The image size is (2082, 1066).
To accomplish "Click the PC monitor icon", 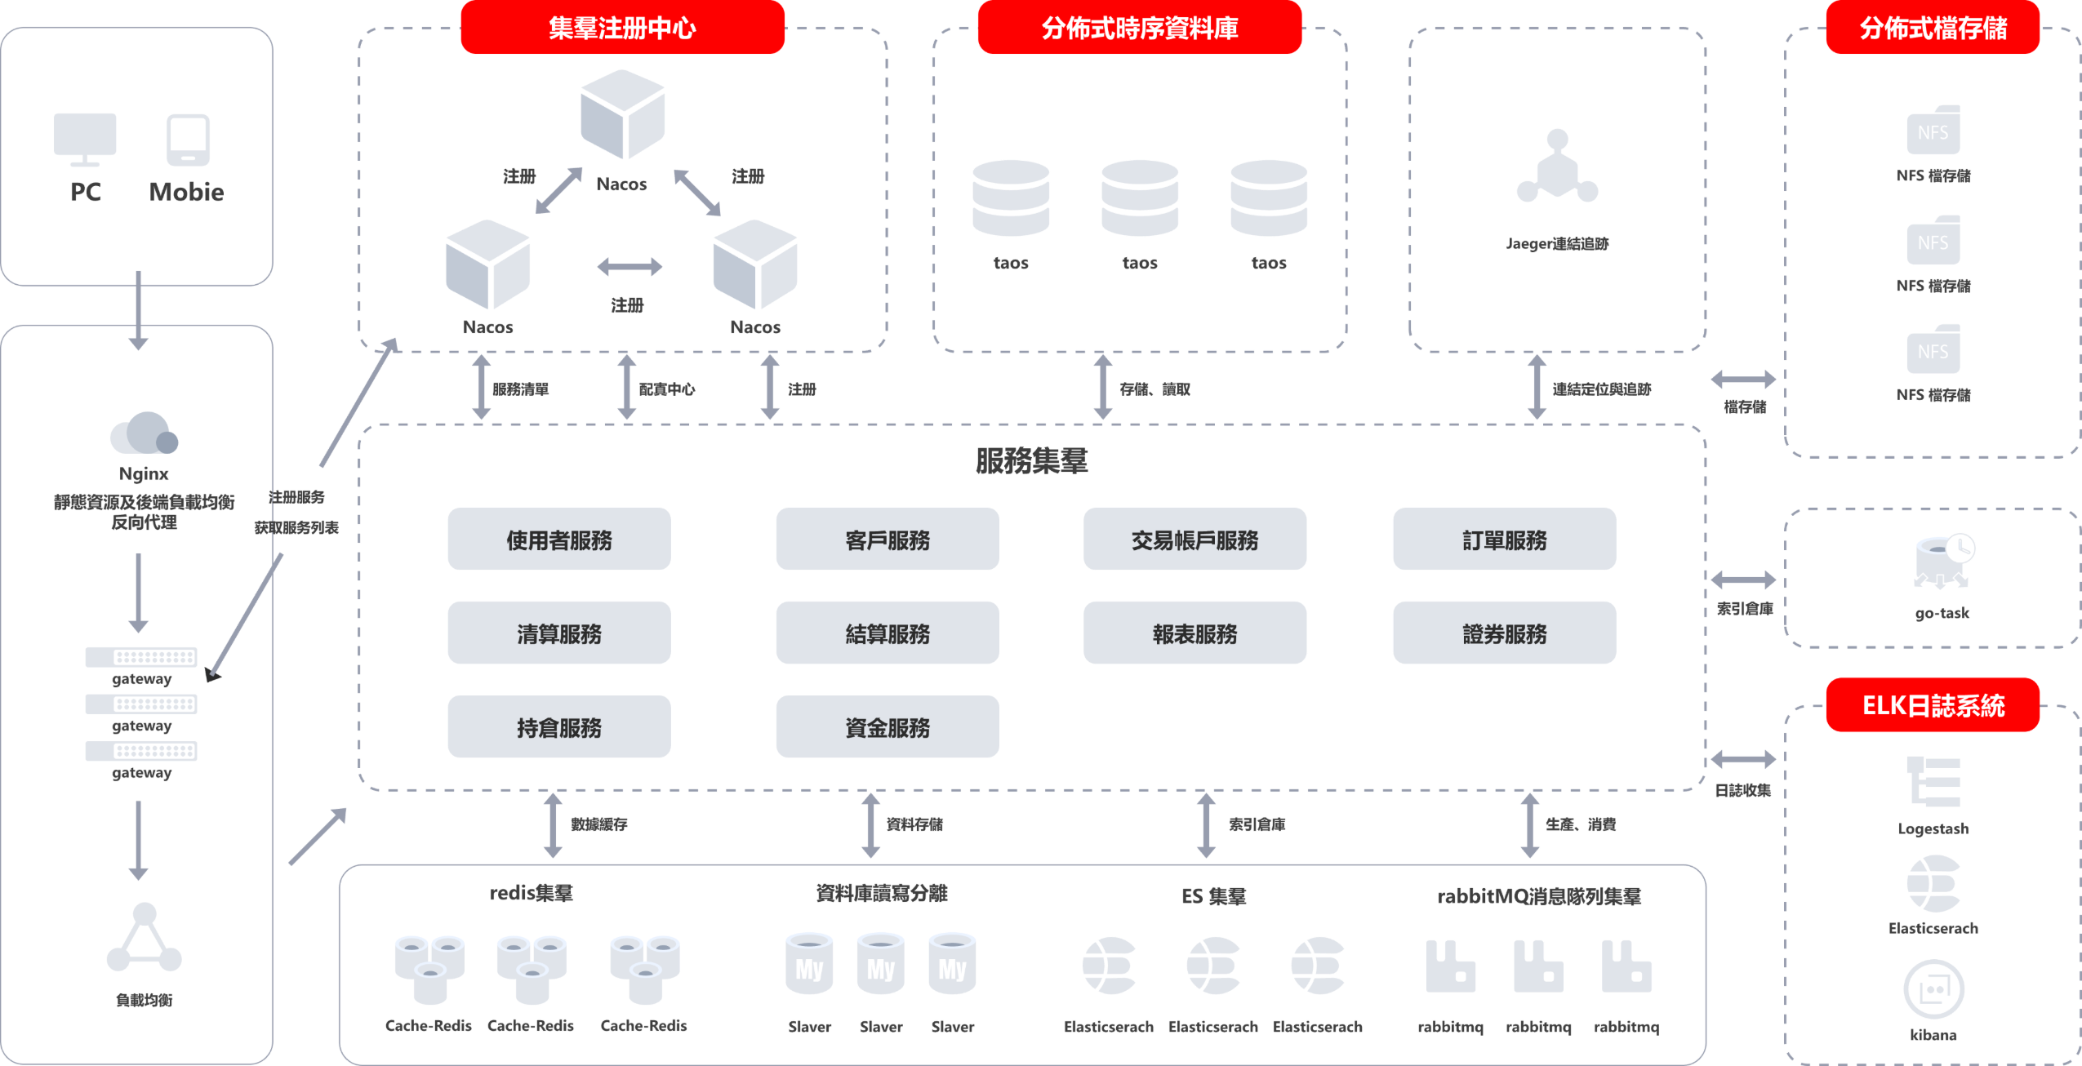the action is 85,139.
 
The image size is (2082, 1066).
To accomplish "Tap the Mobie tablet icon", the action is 188,140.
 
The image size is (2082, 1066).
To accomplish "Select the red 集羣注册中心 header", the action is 622,28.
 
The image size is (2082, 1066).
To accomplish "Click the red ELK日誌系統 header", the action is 1933,704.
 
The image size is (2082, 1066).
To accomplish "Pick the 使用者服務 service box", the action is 559,540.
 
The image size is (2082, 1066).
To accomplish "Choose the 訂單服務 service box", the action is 1504,540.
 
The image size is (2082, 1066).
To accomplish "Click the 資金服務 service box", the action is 888,726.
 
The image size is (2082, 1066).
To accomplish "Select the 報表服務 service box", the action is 1194,633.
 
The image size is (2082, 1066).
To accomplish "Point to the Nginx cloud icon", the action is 144,433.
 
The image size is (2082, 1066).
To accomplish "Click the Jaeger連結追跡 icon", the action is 1557,166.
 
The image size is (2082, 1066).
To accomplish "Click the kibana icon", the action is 1933,989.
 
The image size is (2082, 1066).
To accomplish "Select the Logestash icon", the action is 1933,783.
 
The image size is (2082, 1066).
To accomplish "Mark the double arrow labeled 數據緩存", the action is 553,825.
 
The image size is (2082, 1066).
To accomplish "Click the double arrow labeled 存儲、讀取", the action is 1103,387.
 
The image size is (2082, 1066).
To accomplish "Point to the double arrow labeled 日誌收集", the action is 1743,759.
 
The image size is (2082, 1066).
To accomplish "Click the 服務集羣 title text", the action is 1031,461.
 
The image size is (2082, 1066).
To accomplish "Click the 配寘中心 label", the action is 666,389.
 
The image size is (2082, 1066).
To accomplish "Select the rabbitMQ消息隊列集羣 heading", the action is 1539,896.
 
